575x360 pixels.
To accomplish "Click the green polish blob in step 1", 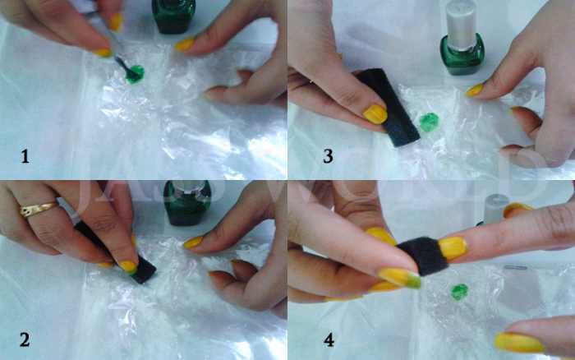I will click(132, 75).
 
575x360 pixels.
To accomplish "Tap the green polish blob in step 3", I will click(429, 123).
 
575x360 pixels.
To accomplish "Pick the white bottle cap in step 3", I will click(462, 19).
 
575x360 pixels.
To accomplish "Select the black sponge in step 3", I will click(391, 107).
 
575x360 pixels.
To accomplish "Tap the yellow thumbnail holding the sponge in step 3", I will click(375, 113).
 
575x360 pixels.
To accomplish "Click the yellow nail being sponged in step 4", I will click(453, 247).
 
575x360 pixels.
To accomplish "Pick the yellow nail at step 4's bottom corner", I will click(518, 342).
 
